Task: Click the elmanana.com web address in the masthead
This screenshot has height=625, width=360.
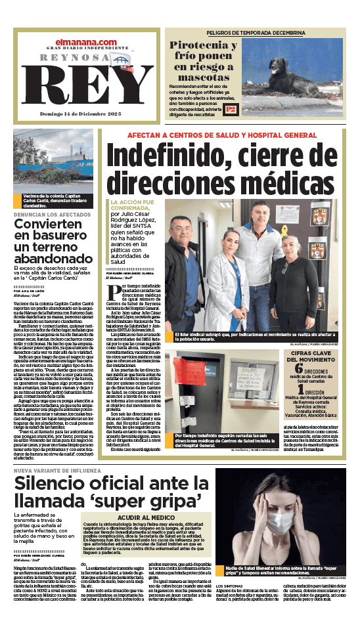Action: tap(85, 43)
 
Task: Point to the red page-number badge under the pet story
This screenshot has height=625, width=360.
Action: tap(230, 110)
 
